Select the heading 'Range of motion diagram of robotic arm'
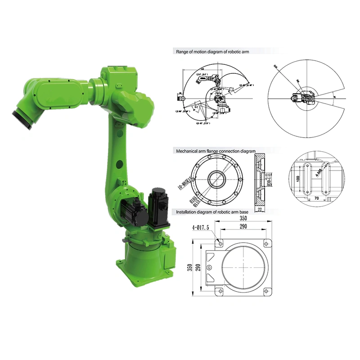click(212, 52)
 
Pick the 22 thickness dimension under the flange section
click(261, 209)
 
